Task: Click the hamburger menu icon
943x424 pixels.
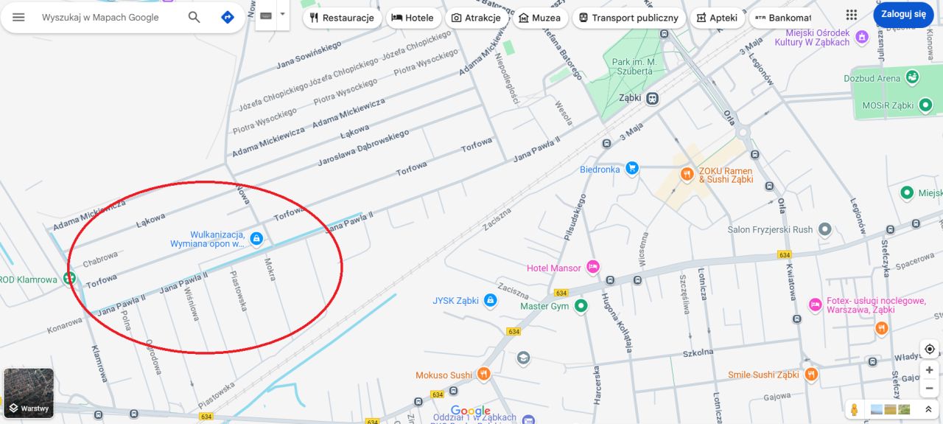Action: tap(18, 17)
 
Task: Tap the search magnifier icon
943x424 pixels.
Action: tap(194, 17)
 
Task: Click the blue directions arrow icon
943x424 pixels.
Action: tap(228, 17)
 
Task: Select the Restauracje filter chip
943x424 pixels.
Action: tap(342, 18)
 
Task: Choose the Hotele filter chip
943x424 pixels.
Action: tap(413, 18)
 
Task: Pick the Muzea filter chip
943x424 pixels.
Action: tap(539, 18)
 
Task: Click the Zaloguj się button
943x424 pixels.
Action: tap(903, 15)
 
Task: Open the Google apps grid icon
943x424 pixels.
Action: tap(852, 15)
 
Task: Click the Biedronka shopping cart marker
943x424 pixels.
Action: tap(631, 169)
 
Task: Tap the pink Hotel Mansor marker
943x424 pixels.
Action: tap(593, 268)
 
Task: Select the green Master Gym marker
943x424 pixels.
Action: tap(581, 305)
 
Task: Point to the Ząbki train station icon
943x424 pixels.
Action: tap(652, 97)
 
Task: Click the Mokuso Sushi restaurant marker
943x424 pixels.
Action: tap(483, 375)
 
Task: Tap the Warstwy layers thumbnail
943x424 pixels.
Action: tap(29, 393)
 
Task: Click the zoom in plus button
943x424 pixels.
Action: tap(930, 369)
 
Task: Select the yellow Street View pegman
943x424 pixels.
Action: tap(855, 409)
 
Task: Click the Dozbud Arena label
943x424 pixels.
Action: tap(872, 78)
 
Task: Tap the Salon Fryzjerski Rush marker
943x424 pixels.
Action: tap(824, 229)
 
